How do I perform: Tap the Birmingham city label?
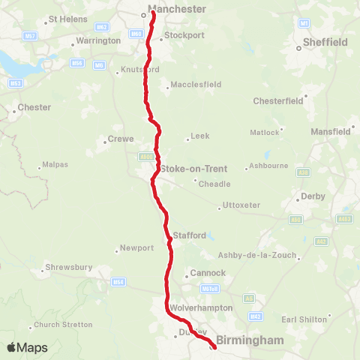pyautogui.click(x=250, y=340)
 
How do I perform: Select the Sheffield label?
pyautogui.click(x=326, y=43)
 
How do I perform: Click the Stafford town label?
pyautogui.click(x=189, y=235)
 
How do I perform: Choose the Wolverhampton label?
pyautogui.click(x=202, y=307)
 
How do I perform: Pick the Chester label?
pyautogui.click(x=34, y=107)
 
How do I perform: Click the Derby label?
pyautogui.click(x=312, y=196)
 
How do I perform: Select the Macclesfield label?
pyautogui.click(x=196, y=85)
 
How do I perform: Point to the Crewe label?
pyautogui.click(x=121, y=139)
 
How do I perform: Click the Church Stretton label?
pyautogui.click(x=64, y=325)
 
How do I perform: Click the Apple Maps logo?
pyautogui.click(x=27, y=347)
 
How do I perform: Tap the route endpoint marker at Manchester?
pyautogui.click(x=153, y=11)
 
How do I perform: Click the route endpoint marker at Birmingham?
pyautogui.click(x=214, y=346)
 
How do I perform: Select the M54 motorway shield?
pyautogui.click(x=118, y=282)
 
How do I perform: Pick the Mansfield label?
pyautogui.click(x=331, y=131)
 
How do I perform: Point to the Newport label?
pyautogui.click(x=136, y=247)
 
